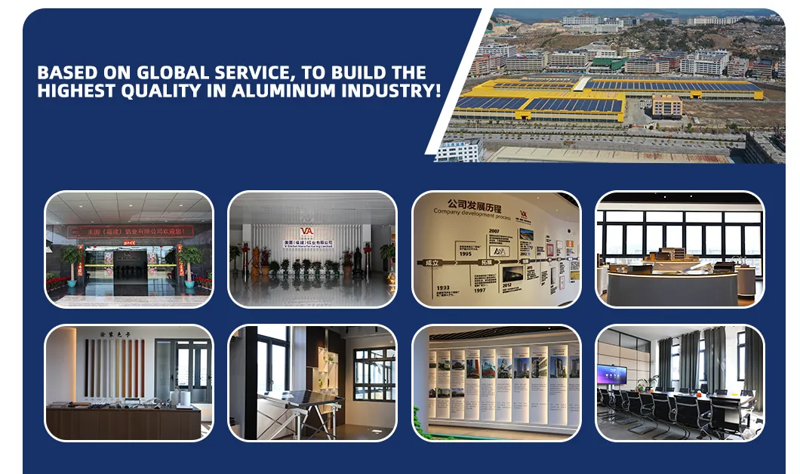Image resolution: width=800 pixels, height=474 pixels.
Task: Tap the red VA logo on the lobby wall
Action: point(306,232)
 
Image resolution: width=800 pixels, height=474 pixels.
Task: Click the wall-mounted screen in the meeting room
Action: point(611,374)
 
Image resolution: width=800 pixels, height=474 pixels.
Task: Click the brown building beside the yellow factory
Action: point(666,106)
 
